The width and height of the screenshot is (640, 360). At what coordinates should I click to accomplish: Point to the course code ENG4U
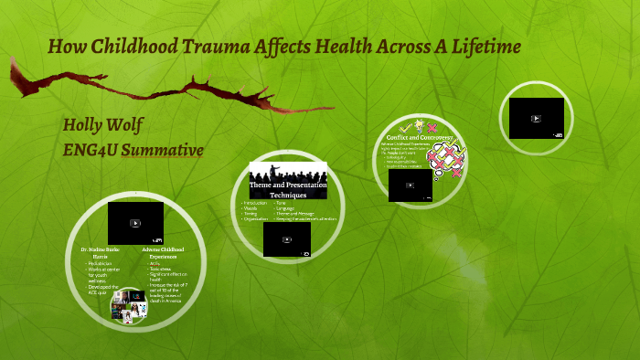91,149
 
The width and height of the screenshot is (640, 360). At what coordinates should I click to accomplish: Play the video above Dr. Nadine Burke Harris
135,223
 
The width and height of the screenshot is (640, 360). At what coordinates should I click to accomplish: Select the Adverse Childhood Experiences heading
164,252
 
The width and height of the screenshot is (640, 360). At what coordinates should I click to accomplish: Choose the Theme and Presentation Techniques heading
288,189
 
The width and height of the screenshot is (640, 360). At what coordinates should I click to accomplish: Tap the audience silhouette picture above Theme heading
288,172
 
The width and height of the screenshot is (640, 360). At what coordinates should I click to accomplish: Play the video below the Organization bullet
286,239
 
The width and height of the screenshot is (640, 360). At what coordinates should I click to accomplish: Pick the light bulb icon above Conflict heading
419,126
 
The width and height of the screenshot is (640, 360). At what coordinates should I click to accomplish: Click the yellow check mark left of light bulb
405,127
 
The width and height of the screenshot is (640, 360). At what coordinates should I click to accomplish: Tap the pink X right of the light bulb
432,127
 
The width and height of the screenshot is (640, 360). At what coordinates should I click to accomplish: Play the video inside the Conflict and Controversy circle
410,185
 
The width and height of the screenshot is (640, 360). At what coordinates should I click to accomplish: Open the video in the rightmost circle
536,118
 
